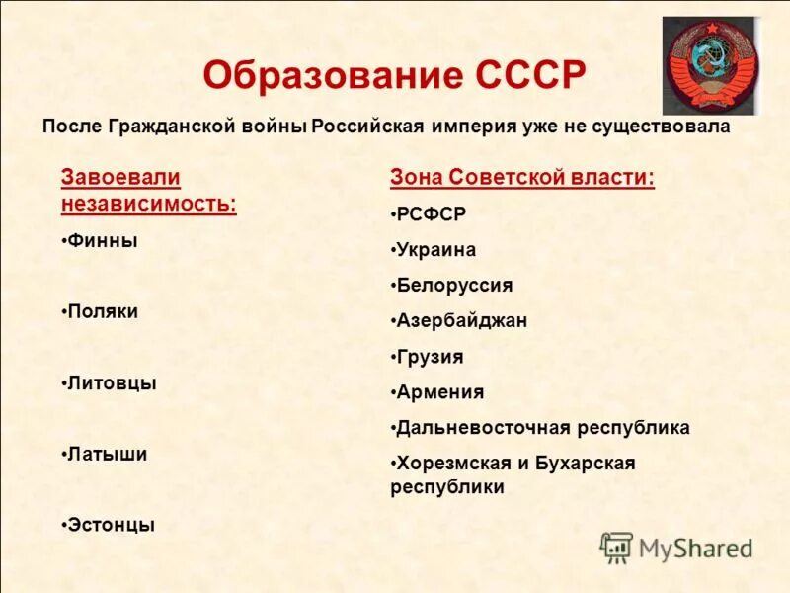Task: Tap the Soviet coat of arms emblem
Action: (711, 65)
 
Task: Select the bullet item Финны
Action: (101, 240)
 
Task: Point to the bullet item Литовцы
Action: (111, 382)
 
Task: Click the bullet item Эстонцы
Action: (110, 525)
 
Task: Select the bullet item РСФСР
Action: (430, 214)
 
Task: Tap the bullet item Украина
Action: (435, 250)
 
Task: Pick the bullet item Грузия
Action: (430, 357)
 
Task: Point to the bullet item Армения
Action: (439, 392)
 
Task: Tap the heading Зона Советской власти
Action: (522, 178)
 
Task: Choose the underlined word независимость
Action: (148, 204)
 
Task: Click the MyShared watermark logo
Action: (676, 547)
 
